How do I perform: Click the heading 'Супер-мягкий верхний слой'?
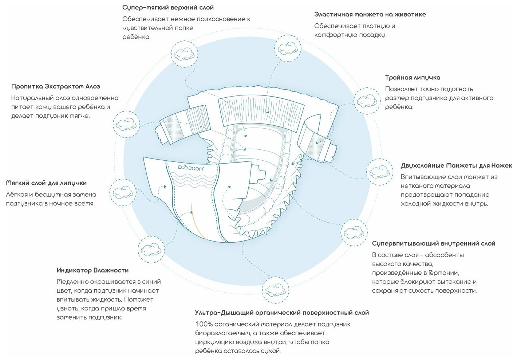coord(168,8)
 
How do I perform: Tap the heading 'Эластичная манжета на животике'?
coord(370,15)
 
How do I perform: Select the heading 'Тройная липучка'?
coord(413,78)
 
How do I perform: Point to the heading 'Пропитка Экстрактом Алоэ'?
coord(56,87)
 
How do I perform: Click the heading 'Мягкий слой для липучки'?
coord(46,183)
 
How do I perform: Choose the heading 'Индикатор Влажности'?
coord(92,270)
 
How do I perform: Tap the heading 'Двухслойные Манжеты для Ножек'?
coord(456,166)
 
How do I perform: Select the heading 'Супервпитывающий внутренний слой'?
coord(433,244)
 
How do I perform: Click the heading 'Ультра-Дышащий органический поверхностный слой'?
coord(282,313)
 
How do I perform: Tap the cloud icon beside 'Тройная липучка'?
coord(367,101)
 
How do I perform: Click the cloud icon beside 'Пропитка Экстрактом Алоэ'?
coord(126,124)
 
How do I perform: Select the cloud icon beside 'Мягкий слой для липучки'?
coord(123,192)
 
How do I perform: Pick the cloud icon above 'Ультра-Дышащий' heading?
coord(275,290)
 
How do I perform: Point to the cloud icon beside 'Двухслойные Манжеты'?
coord(379,171)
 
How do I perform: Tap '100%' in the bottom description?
coord(204,324)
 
